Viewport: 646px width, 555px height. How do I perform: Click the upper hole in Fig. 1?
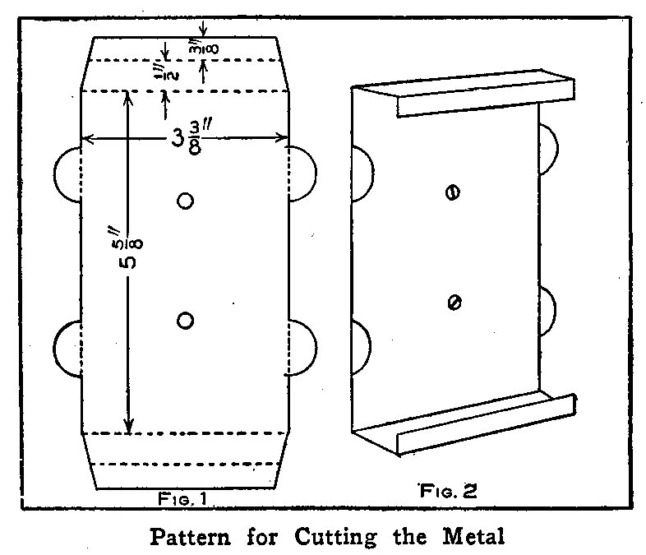[x=185, y=200]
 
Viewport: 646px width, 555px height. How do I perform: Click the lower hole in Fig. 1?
[x=185, y=319]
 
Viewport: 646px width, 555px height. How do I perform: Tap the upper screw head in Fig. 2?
[x=451, y=192]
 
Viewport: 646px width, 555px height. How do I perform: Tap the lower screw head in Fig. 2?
[x=451, y=303]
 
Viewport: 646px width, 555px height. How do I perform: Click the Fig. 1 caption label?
[x=185, y=498]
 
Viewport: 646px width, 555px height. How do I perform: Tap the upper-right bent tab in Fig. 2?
[x=549, y=150]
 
